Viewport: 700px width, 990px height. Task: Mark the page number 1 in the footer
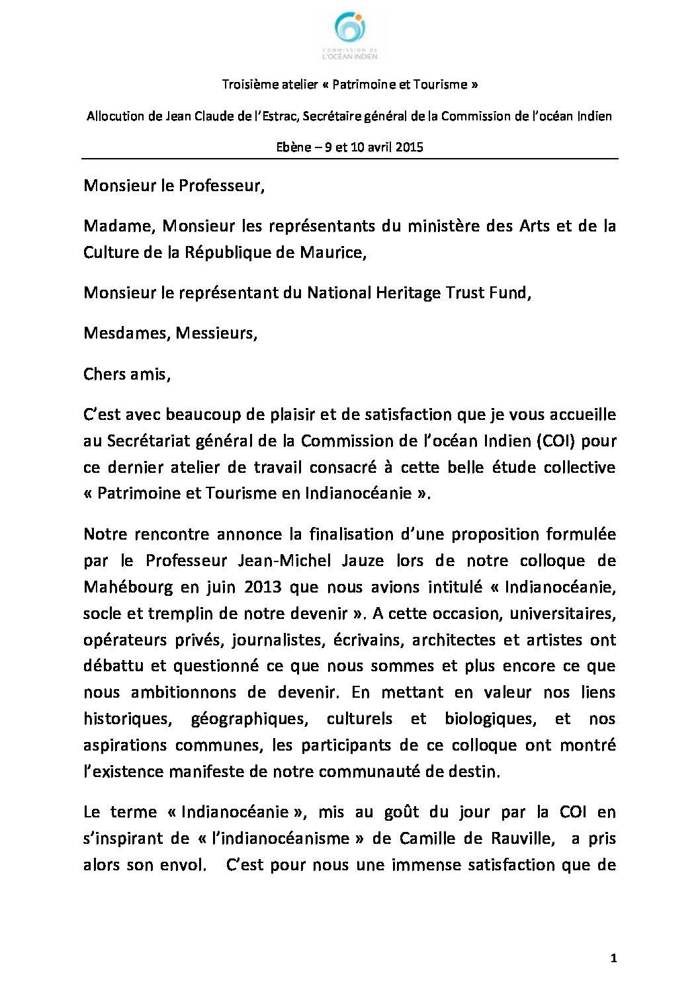613,958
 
